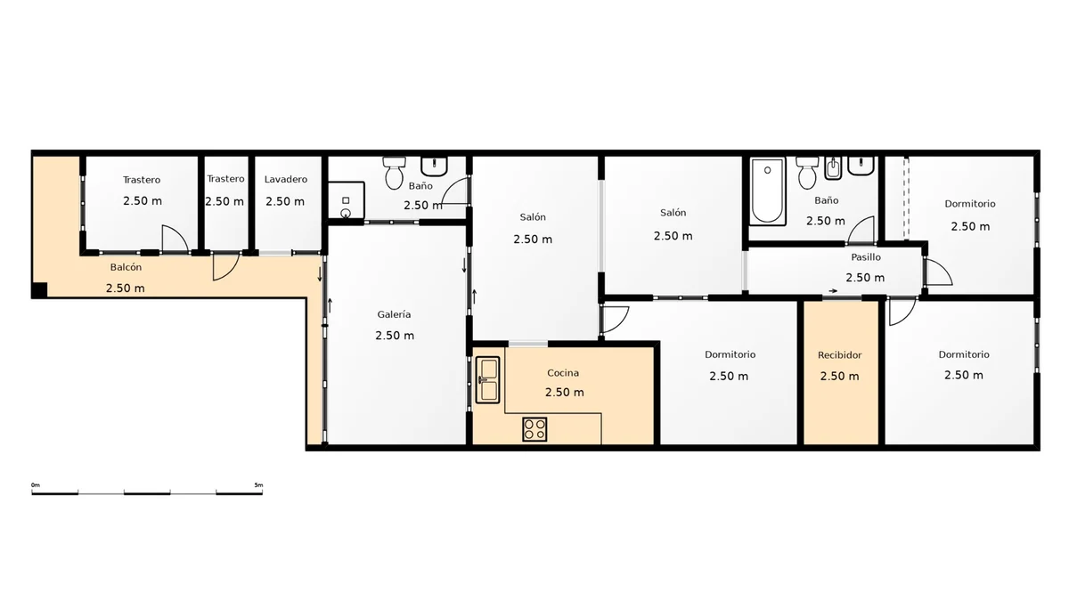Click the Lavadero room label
tap(285, 179)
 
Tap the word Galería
tap(394, 314)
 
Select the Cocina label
tap(563, 373)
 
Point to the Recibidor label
tap(839, 355)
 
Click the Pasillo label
tap(866, 257)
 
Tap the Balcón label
tap(126, 267)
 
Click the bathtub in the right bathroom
tap(767, 191)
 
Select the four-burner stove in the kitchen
tap(534, 429)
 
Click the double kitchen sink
tap(488, 379)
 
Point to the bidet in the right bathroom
tap(833, 168)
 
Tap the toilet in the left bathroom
tap(394, 173)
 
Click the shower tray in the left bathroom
tap(346, 199)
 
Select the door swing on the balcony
tap(225, 266)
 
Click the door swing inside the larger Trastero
tap(175, 238)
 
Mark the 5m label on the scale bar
tap(258, 485)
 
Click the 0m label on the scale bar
tap(36, 485)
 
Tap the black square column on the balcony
tap(39, 290)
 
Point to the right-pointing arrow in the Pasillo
tap(833, 291)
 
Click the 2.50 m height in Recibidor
tap(839, 377)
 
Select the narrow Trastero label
tap(225, 179)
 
